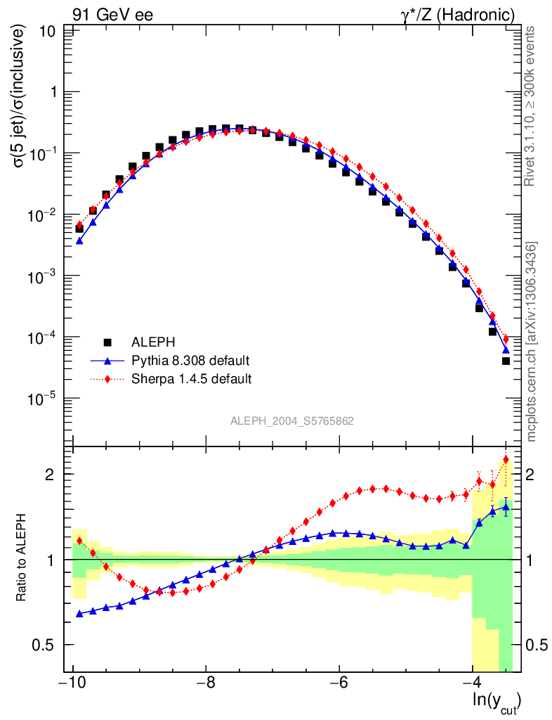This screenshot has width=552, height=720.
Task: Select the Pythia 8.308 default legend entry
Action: [x=190, y=361]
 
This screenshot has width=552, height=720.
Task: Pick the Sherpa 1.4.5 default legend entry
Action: [x=192, y=379]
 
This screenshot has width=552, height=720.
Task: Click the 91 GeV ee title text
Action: [x=112, y=14]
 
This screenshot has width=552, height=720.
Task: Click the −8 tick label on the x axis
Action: [x=205, y=683]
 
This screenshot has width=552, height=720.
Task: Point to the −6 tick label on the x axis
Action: [x=339, y=683]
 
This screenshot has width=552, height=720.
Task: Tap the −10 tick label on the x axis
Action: [x=72, y=683]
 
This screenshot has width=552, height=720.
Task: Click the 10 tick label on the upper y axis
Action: [x=48, y=31]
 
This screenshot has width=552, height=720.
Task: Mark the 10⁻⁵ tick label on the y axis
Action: [x=44, y=398]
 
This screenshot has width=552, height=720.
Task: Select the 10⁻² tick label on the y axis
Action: [x=44, y=214]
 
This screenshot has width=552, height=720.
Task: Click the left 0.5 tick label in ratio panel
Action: [x=47, y=645]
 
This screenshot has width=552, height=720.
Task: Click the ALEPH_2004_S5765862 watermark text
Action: [x=292, y=421]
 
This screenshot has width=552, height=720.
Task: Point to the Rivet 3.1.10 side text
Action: [x=531, y=105]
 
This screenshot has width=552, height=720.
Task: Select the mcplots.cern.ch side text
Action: [x=531, y=342]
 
